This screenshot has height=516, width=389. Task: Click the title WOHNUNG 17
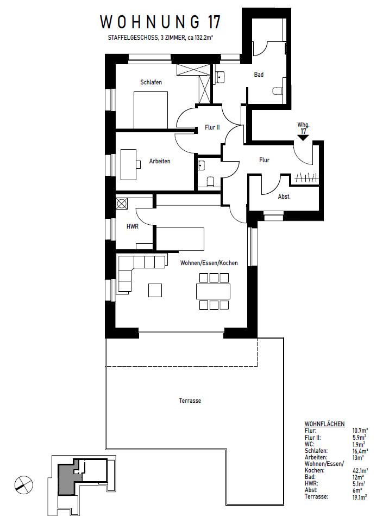tap(160, 22)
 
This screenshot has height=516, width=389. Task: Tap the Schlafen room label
tap(151, 82)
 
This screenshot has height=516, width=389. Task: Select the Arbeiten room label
tap(160, 162)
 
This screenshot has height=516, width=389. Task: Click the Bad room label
tap(259, 75)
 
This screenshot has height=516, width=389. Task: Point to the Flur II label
tap(212, 127)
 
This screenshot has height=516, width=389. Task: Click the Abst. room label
tap(284, 196)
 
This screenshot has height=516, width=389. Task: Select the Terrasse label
tap(190, 401)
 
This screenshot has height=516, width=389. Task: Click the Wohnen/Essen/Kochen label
tap(209, 263)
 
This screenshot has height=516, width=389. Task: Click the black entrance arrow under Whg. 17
tap(303, 138)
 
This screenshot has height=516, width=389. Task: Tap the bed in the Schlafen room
tap(150, 109)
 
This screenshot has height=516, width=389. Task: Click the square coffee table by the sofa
tap(155, 291)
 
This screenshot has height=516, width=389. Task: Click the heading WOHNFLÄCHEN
tap(324, 423)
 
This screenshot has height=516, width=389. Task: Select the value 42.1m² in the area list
tap(360, 470)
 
